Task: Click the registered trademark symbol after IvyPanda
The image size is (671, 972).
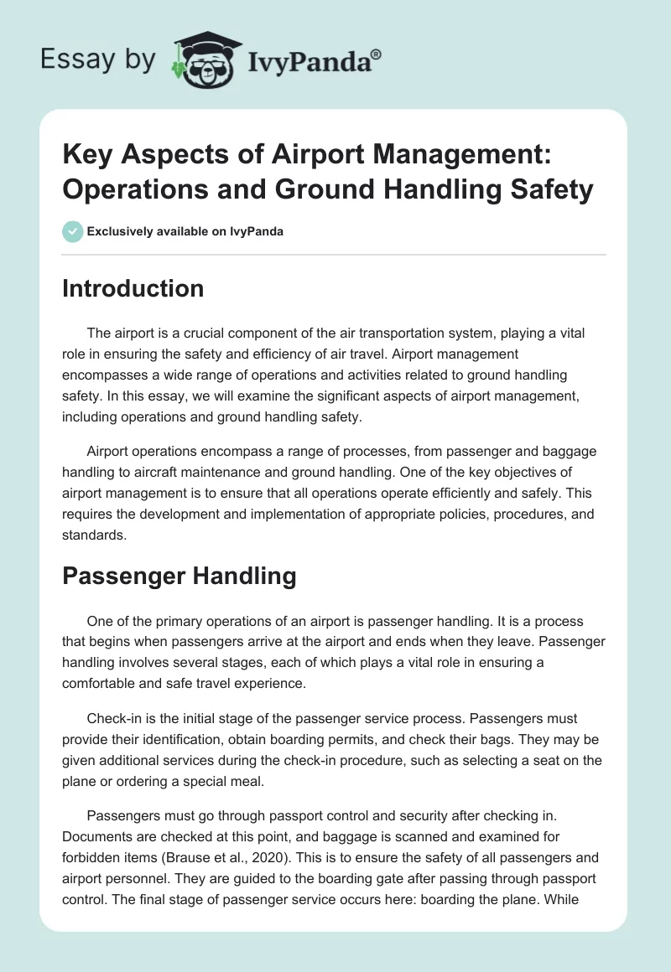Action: pos(376,53)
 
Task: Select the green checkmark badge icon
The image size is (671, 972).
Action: pos(73,231)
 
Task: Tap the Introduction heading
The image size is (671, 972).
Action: pos(133,288)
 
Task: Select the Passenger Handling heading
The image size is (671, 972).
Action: pos(179,576)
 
